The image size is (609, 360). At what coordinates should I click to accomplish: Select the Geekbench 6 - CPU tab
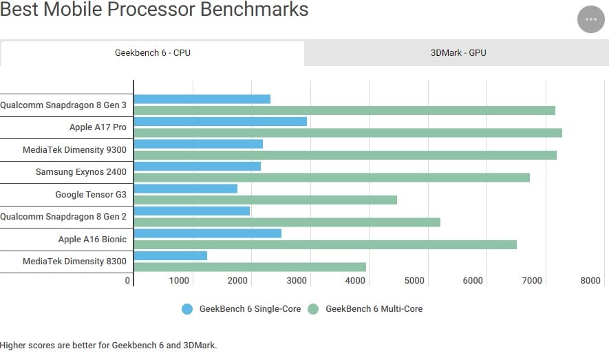[x=152, y=53]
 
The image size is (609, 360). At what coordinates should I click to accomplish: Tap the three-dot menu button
[x=590, y=19]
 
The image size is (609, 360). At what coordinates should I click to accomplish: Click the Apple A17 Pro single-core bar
[x=220, y=121]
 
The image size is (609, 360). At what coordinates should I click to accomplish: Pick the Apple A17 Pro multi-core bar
[x=348, y=133]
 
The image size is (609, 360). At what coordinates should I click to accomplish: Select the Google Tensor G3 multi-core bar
[x=265, y=200]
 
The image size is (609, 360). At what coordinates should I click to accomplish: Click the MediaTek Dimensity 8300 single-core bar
[x=171, y=255]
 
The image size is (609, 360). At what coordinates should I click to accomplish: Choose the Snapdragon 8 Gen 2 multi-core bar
[x=287, y=222]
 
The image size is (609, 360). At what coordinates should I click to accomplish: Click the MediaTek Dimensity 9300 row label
[x=74, y=149]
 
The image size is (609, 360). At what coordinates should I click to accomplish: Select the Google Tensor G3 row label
[x=91, y=194]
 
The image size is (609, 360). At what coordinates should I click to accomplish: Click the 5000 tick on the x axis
[x=414, y=281]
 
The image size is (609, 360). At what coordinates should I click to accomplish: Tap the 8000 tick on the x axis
[x=590, y=281]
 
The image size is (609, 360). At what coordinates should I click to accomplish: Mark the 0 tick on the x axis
[x=127, y=281]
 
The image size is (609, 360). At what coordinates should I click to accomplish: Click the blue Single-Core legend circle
[x=187, y=309]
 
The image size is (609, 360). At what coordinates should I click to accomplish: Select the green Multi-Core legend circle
[x=314, y=309]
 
